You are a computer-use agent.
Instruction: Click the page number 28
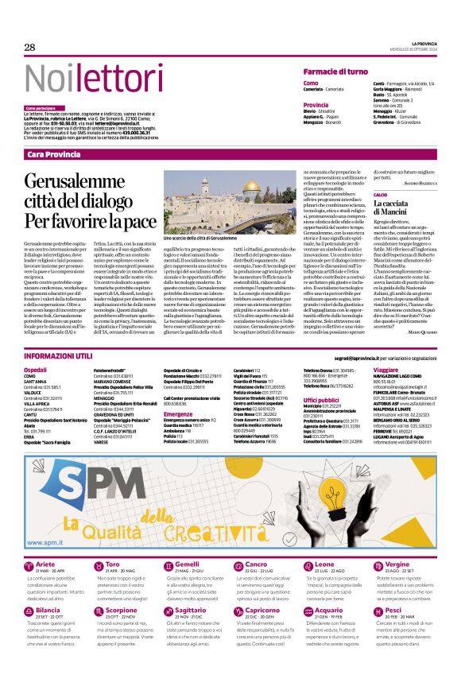29,48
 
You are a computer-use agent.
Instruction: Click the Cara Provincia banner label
53,153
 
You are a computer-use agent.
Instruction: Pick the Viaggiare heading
385,370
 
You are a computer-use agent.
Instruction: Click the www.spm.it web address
48,542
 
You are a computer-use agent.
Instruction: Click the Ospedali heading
36,370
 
